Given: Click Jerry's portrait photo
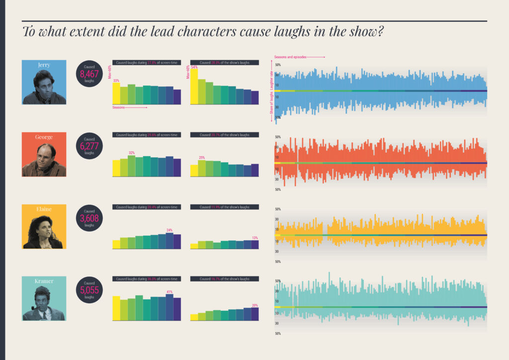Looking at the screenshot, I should tap(44, 83).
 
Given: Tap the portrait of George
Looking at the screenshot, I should tap(44, 155).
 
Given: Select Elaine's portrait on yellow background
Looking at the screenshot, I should tap(44, 227).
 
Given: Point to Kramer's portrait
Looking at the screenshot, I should tap(44, 299).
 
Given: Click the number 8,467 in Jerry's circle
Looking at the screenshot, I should tap(89, 74).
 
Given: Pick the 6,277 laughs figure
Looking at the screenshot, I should tap(89, 146).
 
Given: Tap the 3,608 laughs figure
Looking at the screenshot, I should tap(89, 218).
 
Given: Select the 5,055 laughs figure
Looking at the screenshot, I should tap(89, 290).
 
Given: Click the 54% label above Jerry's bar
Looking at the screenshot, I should tap(194, 67).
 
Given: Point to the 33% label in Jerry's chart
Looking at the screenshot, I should tap(116, 81).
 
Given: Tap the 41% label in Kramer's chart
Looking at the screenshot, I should tap(170, 292).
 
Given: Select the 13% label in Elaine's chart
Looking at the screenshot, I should tap(255, 238).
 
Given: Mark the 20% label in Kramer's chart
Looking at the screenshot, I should tap(255, 305).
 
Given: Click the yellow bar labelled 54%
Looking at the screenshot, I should tap(194, 87).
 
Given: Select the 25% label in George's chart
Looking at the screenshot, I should tap(202, 158).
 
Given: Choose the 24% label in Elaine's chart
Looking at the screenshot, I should tap(170, 230).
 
